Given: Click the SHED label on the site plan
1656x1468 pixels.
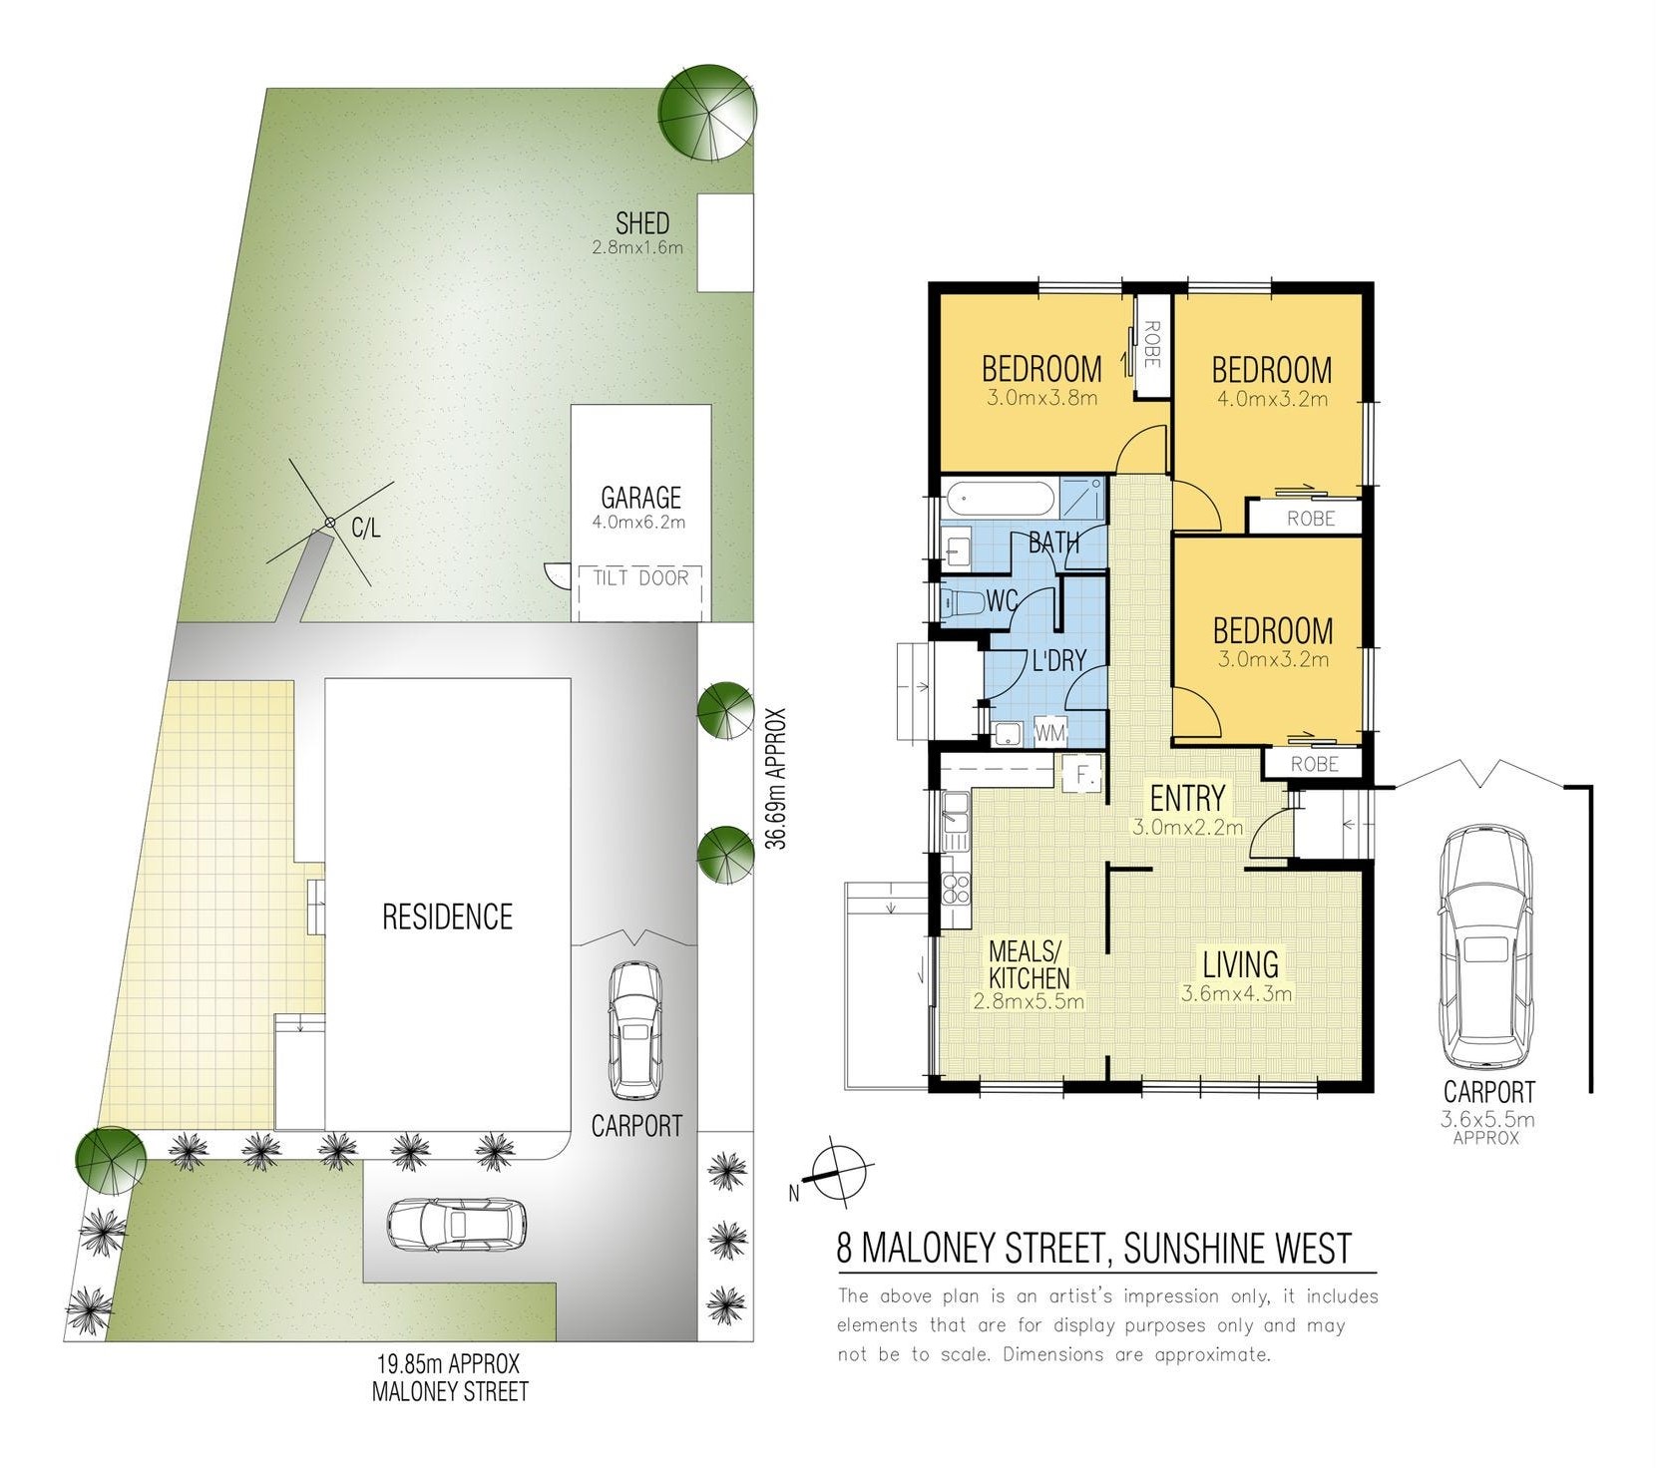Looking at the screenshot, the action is pos(642,222).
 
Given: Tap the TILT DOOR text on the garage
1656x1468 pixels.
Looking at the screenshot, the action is pos(640,577).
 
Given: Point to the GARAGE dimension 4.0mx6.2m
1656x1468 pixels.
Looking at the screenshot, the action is pos(639,522).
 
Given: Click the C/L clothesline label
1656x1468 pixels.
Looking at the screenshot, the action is pos(366,528).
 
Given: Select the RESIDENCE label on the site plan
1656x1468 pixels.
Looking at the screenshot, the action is pos(447,917).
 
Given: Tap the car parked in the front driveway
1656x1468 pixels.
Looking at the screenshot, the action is pos(457,1225).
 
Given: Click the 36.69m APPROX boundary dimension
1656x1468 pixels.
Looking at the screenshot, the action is pos(776,778).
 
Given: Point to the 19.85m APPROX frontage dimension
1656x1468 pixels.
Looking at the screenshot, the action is pos(448,1362).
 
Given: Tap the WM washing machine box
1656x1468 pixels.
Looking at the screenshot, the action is pos(1049,733).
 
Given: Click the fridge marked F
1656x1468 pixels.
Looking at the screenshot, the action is pos(1081,773).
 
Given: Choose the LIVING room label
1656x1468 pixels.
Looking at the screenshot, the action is pos(1240,964).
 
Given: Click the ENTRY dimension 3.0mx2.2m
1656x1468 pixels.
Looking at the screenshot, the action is pos(1187,827).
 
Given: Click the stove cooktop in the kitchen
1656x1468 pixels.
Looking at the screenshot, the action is pos(956,888).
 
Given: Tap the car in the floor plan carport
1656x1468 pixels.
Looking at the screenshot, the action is pos(1484,946).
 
